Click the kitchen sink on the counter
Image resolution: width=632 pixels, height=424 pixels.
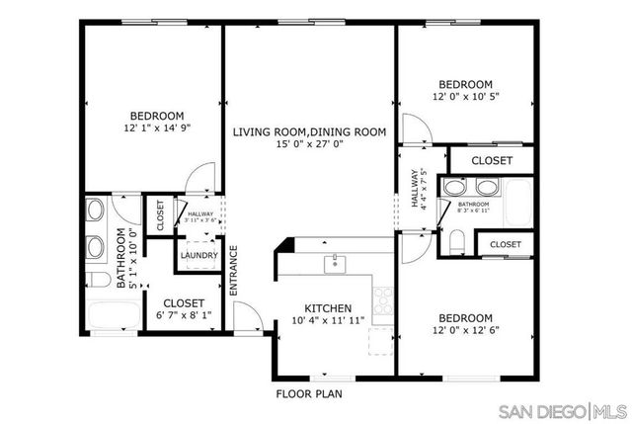tap(336, 264)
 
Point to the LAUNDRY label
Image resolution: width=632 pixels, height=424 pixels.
tap(197, 254)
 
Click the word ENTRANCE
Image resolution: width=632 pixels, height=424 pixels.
tap(234, 271)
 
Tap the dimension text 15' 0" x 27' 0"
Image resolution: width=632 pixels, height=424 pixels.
tap(308, 144)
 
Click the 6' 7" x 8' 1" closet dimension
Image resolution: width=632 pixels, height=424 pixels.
tap(184, 316)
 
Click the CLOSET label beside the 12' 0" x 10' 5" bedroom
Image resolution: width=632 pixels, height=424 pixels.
tap(491, 160)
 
